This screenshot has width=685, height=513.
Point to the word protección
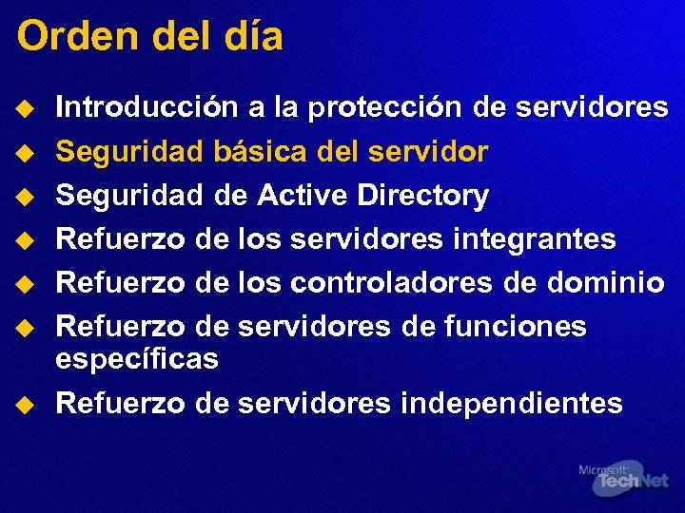[382, 107]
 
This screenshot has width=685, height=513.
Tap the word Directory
[422, 196]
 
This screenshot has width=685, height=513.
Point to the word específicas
[137, 359]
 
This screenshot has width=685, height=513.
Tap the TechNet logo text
[631, 482]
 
